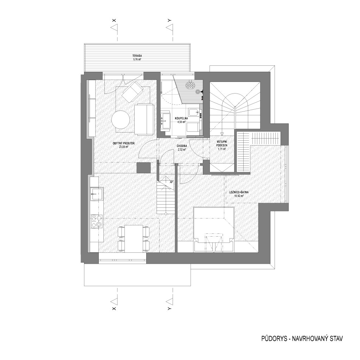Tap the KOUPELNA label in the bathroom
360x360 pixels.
(x=181, y=118)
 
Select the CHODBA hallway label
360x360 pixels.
(x=182, y=146)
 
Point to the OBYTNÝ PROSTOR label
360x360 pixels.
(x=123, y=143)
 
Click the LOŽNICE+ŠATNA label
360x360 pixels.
(x=239, y=192)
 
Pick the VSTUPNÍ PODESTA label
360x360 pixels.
(x=222, y=143)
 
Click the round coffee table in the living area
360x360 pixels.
(x=121, y=120)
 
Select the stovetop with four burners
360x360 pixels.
(x=97, y=221)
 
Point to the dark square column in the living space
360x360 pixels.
(x=143, y=168)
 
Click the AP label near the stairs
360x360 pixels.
(x=171, y=182)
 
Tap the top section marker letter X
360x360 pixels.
(x=114, y=20)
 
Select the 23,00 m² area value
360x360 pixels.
(x=123, y=147)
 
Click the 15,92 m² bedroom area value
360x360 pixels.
(x=239, y=196)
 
